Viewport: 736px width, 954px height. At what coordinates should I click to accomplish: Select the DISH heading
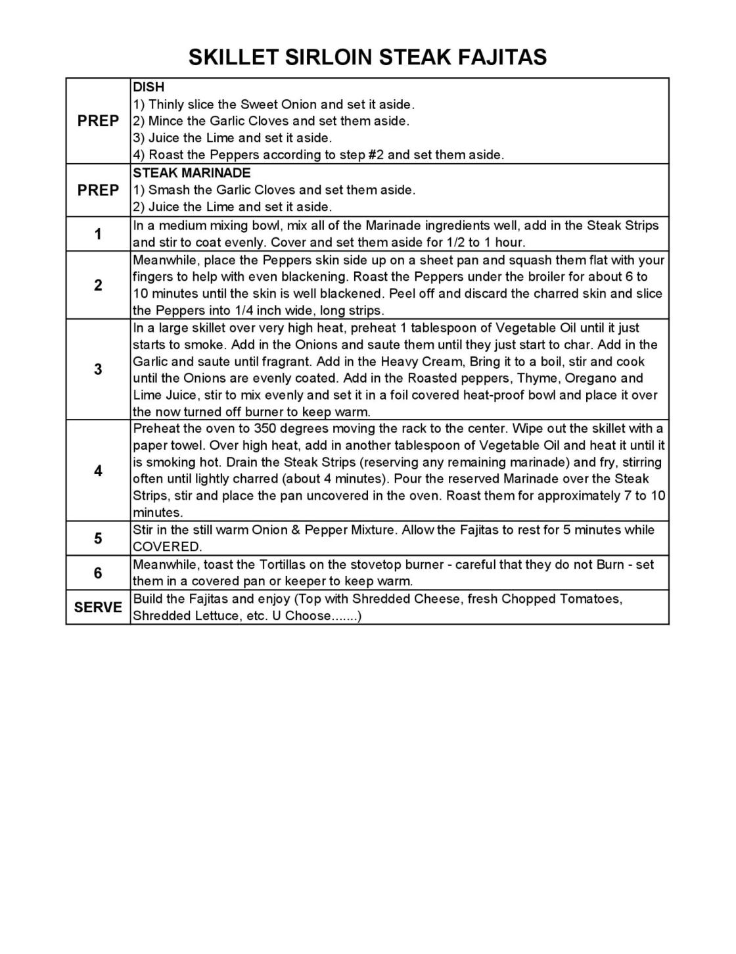point(149,87)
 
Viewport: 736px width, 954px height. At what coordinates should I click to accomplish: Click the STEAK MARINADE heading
point(191,173)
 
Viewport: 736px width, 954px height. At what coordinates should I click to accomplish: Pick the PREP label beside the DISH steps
point(98,121)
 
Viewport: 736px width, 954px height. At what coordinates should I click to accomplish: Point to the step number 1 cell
point(98,234)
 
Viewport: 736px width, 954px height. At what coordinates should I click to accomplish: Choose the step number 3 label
point(98,370)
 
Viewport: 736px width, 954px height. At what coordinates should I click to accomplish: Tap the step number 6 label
point(98,573)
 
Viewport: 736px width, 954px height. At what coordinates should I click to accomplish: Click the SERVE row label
point(98,607)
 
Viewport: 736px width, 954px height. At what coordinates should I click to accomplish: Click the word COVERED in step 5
point(167,547)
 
